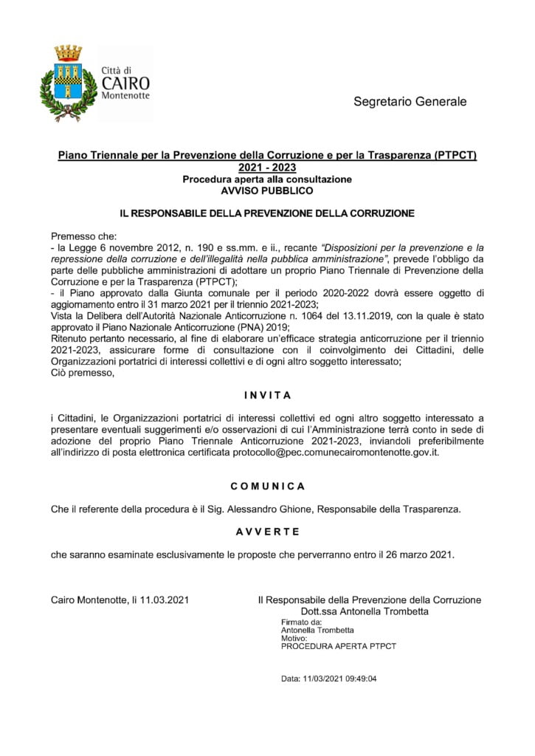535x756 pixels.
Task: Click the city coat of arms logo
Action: [x=68, y=83]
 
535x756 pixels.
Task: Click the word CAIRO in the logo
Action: [x=125, y=83]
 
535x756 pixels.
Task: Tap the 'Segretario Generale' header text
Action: [x=410, y=101]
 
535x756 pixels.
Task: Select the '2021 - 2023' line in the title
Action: [x=267, y=168]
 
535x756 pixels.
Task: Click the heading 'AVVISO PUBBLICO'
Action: [x=267, y=190]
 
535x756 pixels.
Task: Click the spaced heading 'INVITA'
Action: [x=267, y=395]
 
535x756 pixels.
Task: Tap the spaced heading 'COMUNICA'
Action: [x=267, y=487]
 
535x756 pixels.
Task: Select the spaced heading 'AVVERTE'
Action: [x=267, y=532]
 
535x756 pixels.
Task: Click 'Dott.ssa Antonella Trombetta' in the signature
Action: [x=365, y=611]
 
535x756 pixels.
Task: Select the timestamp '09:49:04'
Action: [x=359, y=678]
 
